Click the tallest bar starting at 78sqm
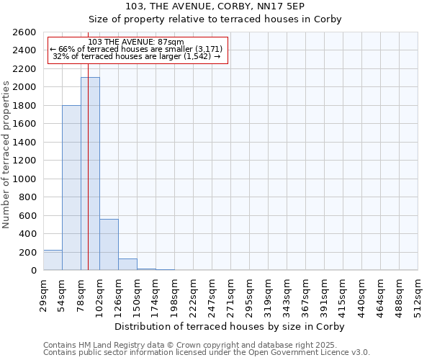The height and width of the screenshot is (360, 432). click(x=90, y=174)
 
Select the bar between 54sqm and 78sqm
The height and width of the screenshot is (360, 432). click(x=71, y=187)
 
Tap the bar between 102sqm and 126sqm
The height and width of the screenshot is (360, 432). click(x=109, y=244)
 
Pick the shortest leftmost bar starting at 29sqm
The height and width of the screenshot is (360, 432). click(x=53, y=260)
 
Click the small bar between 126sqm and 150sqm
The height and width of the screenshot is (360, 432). click(x=127, y=264)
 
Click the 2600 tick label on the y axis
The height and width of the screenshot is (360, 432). click(x=25, y=32)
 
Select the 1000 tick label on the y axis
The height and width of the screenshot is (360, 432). click(x=25, y=179)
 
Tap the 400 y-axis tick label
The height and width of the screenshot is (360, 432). click(x=28, y=234)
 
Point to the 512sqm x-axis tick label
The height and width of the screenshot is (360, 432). click(x=418, y=294)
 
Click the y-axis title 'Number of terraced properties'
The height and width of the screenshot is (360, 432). click(x=6, y=155)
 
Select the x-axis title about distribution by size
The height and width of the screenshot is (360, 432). click(x=230, y=326)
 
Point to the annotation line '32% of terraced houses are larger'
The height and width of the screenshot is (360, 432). click(x=136, y=56)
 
